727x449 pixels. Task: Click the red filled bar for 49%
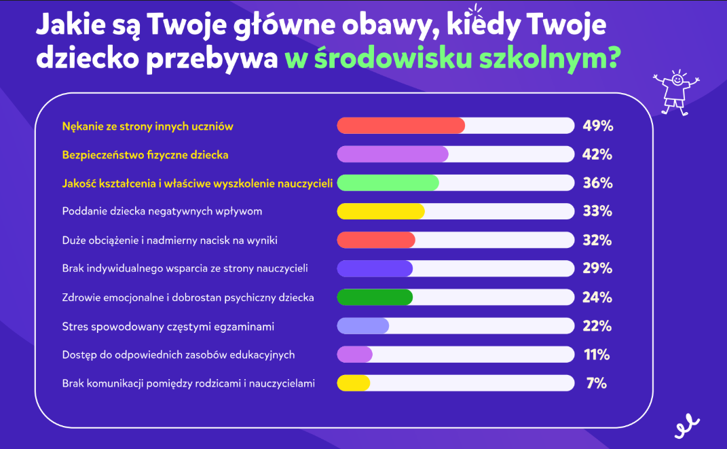pos(400,126)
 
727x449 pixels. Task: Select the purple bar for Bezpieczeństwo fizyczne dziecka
pos(392,154)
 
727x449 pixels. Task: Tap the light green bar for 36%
pos(388,183)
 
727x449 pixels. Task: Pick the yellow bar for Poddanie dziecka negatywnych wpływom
pos(381,211)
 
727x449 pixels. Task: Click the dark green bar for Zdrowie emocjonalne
pos(375,298)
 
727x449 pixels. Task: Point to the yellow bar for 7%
pos(354,383)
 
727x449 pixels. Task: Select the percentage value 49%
pos(597,126)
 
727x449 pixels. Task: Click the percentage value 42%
pos(597,154)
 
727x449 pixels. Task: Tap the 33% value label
pos(597,211)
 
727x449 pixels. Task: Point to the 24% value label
pos(597,298)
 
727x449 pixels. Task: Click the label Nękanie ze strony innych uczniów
pos(147,126)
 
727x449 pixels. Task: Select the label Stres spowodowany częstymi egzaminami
pos(168,327)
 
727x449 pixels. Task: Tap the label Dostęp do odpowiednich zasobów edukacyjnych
pos(178,355)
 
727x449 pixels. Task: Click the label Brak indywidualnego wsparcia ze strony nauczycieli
pos(185,268)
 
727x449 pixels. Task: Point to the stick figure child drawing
pos(675,92)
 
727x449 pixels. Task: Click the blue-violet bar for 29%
pos(375,268)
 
